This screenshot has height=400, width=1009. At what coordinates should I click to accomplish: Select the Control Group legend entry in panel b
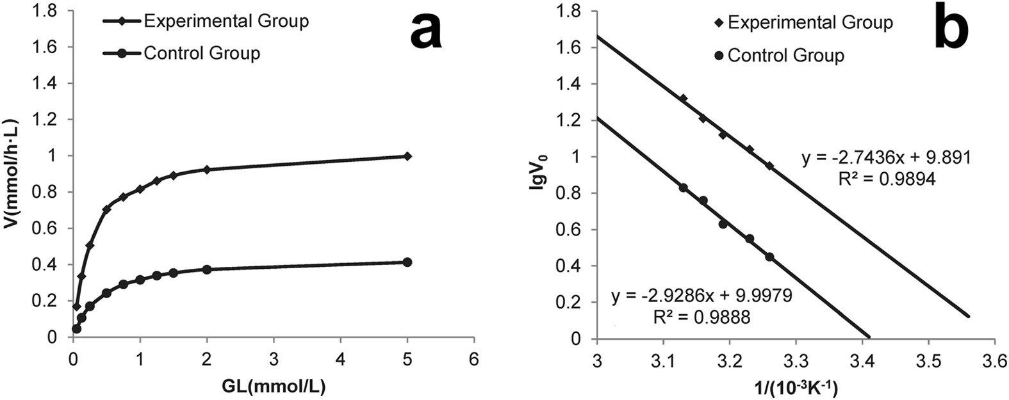(x=785, y=56)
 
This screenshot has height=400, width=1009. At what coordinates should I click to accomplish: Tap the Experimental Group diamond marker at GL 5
(x=407, y=156)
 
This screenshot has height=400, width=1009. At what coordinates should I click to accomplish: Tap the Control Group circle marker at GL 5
(x=407, y=262)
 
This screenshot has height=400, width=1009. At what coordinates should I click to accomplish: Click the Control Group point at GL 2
(x=206, y=269)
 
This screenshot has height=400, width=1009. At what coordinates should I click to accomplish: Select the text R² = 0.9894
(x=887, y=180)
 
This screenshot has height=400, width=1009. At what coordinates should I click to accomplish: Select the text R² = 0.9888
(x=700, y=317)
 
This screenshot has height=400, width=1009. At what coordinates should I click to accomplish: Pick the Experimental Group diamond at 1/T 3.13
(x=683, y=99)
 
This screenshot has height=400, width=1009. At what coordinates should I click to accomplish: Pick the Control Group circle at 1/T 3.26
(x=769, y=257)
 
